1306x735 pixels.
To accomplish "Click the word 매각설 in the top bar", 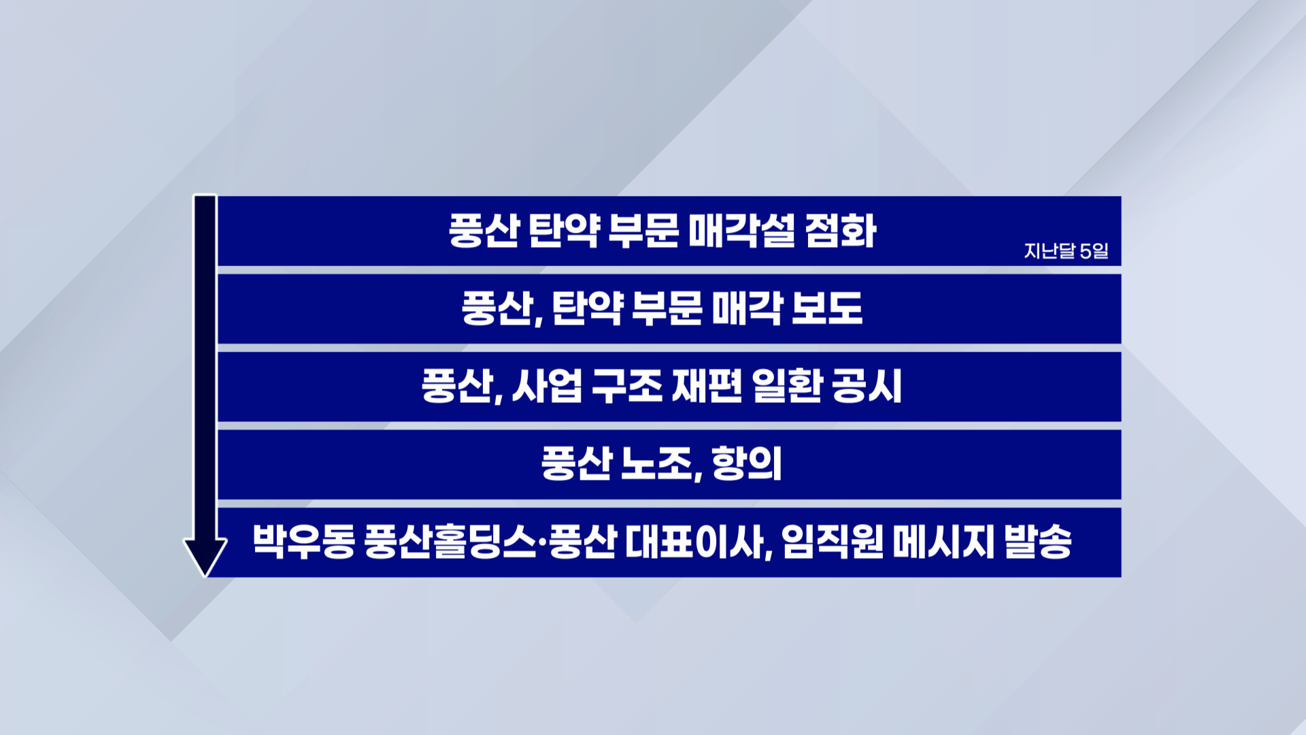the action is (x=741, y=231).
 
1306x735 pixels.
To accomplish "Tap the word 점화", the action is (x=841, y=231).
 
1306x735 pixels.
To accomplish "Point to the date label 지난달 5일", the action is (x=1066, y=251).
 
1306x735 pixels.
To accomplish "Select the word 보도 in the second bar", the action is (x=827, y=308).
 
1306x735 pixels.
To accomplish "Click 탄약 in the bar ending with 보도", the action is (x=588, y=308).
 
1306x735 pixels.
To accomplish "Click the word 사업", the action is (x=547, y=386).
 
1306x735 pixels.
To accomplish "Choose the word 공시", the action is (x=867, y=386).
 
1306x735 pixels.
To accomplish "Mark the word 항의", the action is (x=747, y=464).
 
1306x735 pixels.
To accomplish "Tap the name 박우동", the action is (x=304, y=542).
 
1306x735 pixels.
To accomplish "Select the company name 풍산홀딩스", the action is (x=450, y=542).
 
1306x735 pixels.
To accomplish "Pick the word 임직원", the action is (x=833, y=542).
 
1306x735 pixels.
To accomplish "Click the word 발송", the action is (x=1038, y=542).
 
